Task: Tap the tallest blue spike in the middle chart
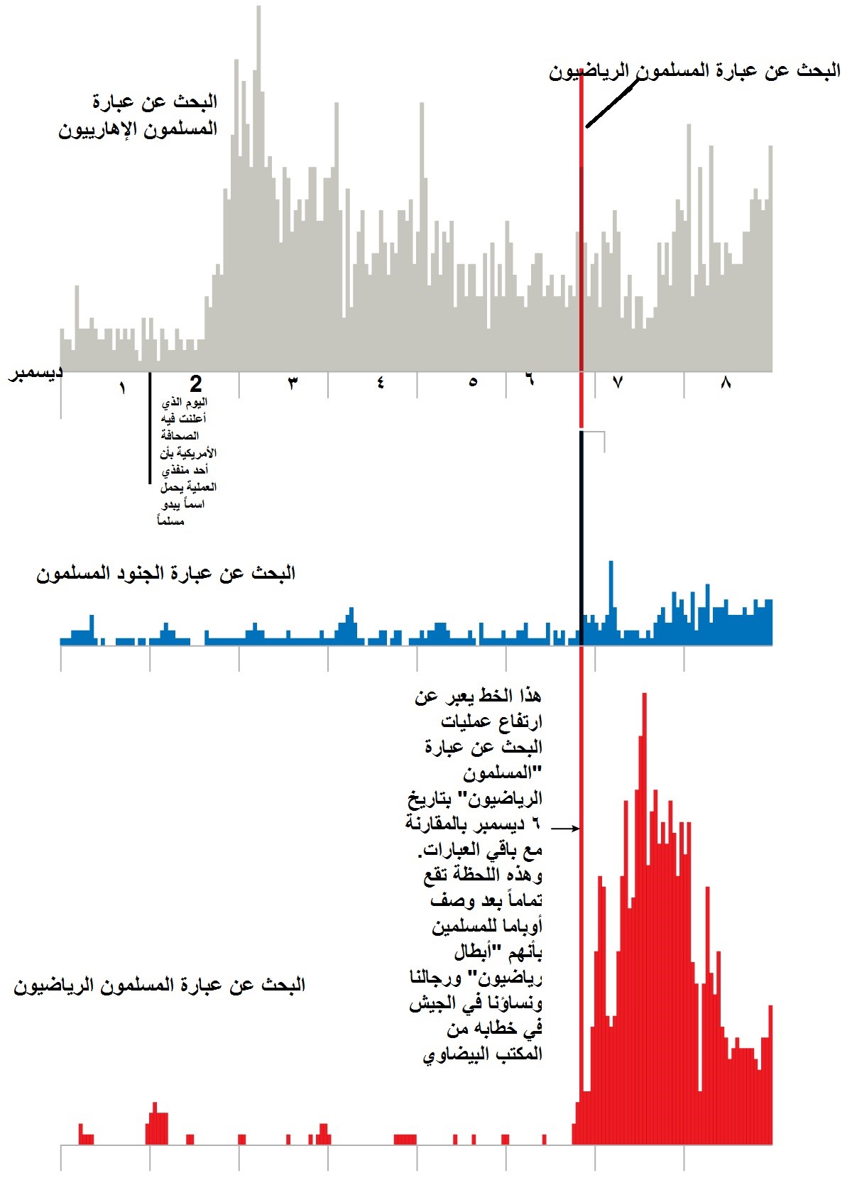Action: [611, 602]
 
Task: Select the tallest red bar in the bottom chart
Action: [644, 918]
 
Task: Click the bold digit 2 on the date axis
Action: [196, 383]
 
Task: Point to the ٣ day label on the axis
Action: [293, 383]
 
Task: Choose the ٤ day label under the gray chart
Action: [381, 383]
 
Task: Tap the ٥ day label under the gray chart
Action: [473, 382]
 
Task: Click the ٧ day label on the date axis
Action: [617, 382]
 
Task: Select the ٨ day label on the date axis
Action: [726, 382]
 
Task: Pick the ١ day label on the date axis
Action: [123, 388]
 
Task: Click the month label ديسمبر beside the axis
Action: [35, 372]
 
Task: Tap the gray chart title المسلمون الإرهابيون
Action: [138, 129]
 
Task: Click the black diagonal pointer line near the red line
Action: [613, 101]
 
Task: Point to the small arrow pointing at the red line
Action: [565, 828]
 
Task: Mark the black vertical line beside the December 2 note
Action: [150, 427]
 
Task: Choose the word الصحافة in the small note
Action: [180, 436]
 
